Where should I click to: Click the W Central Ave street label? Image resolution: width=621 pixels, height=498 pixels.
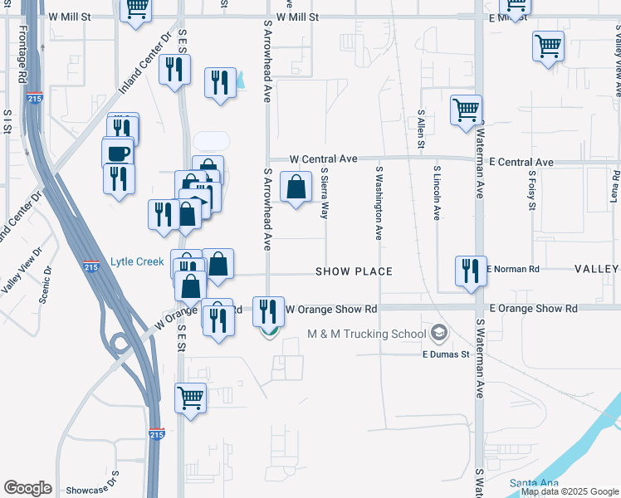point(323,159)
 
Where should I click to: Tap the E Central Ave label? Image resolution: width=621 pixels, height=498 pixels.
point(521,162)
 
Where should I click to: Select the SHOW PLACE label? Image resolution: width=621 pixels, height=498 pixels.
point(353,271)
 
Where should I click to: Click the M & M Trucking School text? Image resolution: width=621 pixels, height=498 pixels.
point(366,334)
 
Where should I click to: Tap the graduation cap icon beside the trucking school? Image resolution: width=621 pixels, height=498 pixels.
point(439,334)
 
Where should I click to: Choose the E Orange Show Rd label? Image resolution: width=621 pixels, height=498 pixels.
point(533,308)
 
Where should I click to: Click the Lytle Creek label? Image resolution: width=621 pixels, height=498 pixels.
point(137,262)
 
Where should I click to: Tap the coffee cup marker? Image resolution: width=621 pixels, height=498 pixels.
point(118,154)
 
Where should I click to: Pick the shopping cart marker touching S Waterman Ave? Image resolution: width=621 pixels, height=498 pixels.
point(467,109)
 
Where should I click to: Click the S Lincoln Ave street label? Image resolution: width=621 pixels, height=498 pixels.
point(436,193)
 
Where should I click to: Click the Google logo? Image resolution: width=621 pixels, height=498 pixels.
point(27,488)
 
